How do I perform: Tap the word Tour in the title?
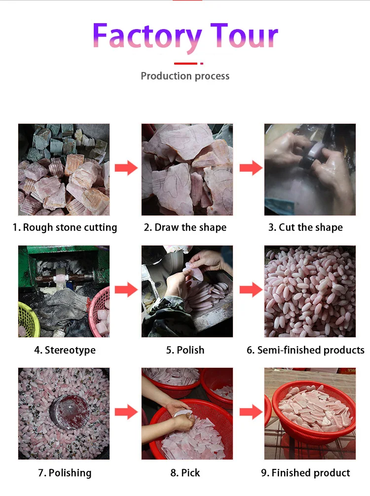[244, 35]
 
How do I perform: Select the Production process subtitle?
[185, 76]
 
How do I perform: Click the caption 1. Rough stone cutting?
[65, 227]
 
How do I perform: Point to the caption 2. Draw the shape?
[185, 227]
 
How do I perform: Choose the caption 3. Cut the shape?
[305, 227]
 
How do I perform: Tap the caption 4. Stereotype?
[65, 350]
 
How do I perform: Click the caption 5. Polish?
[185, 350]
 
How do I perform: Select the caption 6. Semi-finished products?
[305, 350]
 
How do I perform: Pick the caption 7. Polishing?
[65, 473]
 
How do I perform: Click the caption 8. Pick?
[185, 473]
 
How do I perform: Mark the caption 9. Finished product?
[305, 473]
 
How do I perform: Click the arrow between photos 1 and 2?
[126, 168]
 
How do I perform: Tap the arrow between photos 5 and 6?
[251, 290]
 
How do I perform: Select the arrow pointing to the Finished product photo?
[251, 412]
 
